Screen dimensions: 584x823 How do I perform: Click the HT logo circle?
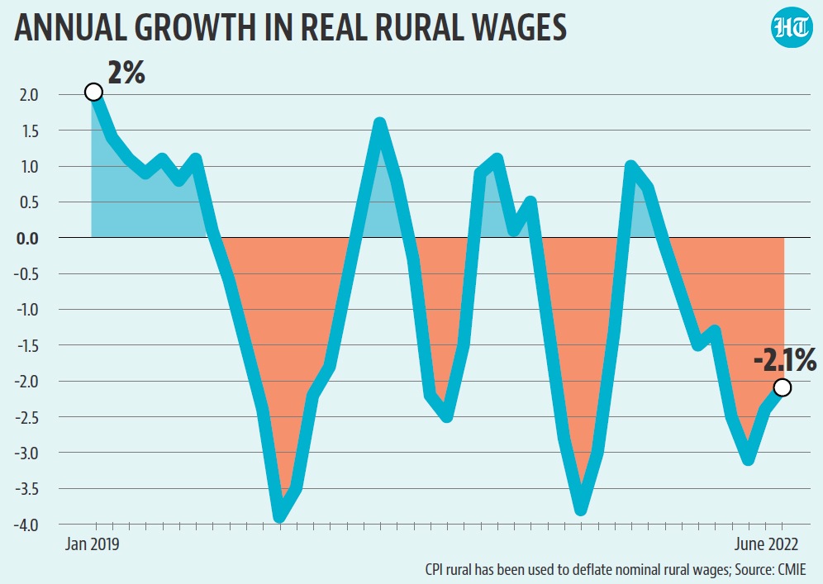click(x=790, y=31)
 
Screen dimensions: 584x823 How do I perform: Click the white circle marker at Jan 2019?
click(x=93, y=92)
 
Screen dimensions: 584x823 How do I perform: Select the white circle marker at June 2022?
click(x=783, y=387)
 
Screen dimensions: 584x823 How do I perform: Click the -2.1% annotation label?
click(x=784, y=360)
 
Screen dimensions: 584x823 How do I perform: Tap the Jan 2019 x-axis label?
click(x=93, y=544)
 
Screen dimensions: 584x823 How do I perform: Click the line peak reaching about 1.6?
click(x=379, y=124)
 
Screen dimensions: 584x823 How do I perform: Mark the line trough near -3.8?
click(x=582, y=509)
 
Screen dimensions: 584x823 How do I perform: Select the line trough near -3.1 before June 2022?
click(x=748, y=459)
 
